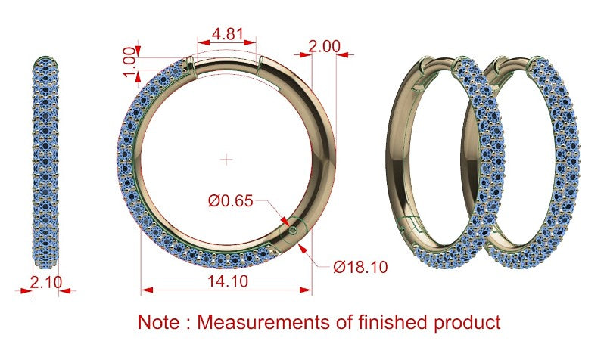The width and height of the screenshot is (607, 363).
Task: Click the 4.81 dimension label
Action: click(228, 34)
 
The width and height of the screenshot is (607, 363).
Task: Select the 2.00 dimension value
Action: click(325, 46)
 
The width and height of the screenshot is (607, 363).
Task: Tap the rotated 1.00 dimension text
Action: click(130, 62)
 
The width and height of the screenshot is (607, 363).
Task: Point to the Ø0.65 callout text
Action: click(230, 201)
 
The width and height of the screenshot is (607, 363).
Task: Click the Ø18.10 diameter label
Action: click(360, 267)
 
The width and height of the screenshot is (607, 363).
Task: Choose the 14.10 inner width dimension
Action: click(228, 281)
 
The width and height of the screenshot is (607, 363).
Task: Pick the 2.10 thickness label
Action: click(46, 282)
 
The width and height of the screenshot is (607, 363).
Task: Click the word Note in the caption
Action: click(159, 322)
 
